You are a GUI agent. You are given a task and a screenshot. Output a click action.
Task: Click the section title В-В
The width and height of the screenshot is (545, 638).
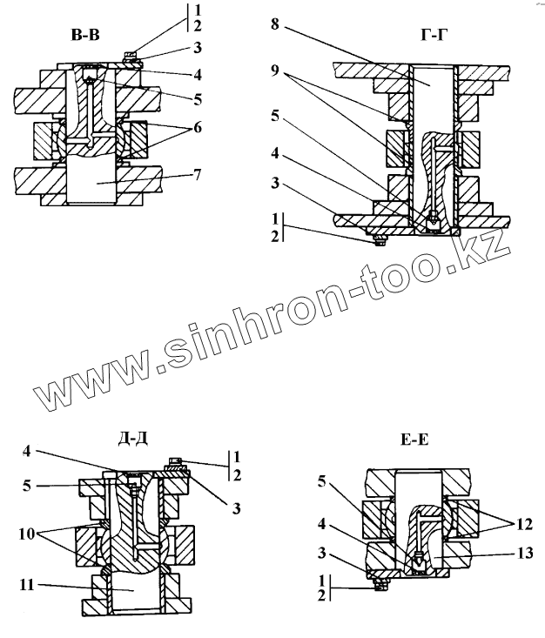(90, 36)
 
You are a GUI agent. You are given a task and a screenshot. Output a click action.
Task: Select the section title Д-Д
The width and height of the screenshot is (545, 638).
(130, 437)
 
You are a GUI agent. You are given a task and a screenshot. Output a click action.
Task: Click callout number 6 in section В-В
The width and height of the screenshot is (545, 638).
(198, 127)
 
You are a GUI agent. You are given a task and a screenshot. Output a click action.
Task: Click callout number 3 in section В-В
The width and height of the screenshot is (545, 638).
(198, 47)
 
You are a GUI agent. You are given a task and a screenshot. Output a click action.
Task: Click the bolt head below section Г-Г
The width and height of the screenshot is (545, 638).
(377, 240)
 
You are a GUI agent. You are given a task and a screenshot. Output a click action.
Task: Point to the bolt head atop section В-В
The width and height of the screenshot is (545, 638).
(129, 59)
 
